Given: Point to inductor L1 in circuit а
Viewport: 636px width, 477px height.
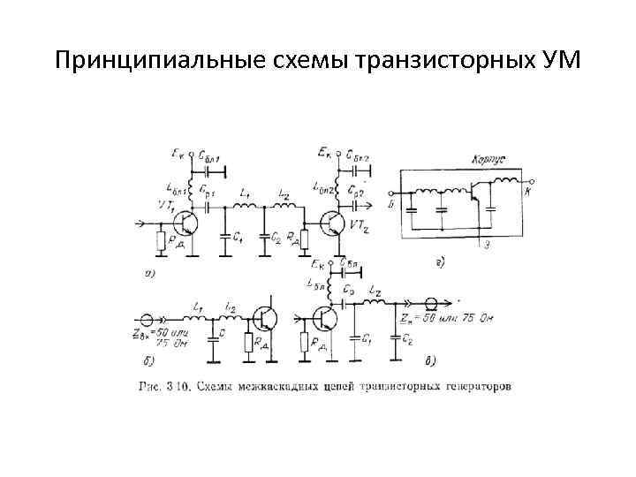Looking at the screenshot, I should [x=246, y=204].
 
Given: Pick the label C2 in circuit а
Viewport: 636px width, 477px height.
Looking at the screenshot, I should [x=276, y=238].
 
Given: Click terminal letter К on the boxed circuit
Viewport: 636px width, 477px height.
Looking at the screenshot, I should [x=528, y=192].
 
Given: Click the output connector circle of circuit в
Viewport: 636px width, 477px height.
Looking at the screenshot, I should [x=434, y=302].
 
